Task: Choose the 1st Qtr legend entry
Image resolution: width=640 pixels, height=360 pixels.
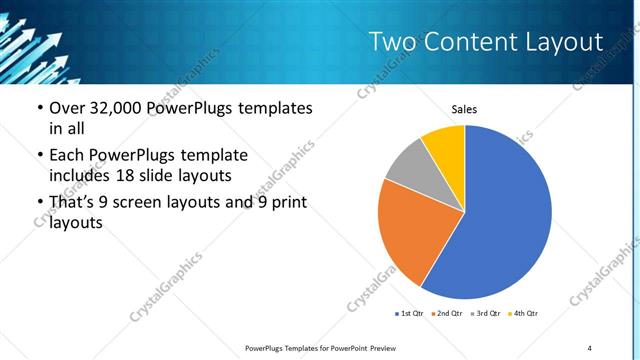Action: coord(410,314)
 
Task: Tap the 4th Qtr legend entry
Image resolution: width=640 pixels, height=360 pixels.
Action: coord(525,314)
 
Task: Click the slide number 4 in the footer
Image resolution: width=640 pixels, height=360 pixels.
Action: coord(590,347)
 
